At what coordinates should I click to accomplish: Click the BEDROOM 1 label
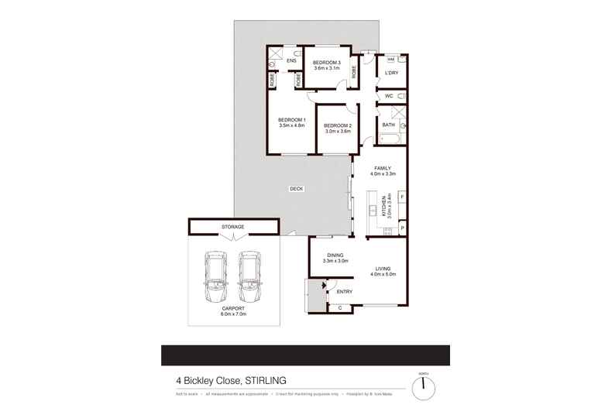[292, 118]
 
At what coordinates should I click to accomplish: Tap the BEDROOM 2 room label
[338, 125]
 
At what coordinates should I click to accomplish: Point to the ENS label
[291, 60]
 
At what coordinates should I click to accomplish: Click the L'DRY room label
[391, 73]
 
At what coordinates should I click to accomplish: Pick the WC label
[389, 96]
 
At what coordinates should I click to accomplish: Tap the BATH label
[388, 125]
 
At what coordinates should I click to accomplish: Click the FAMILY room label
[383, 168]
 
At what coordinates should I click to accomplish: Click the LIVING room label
[383, 269]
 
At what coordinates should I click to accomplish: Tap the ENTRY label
[345, 292]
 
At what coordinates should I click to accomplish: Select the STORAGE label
[233, 227]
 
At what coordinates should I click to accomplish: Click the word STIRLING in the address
[266, 379]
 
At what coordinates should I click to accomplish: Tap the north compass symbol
[424, 385]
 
